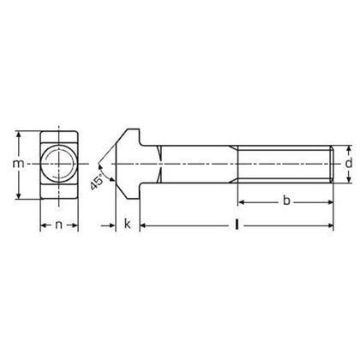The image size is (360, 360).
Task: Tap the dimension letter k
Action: [x=126, y=226]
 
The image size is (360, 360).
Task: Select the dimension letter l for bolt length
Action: [x=236, y=226]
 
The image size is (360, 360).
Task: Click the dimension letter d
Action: [x=348, y=163]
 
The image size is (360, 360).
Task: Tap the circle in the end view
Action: [x=58, y=163]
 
